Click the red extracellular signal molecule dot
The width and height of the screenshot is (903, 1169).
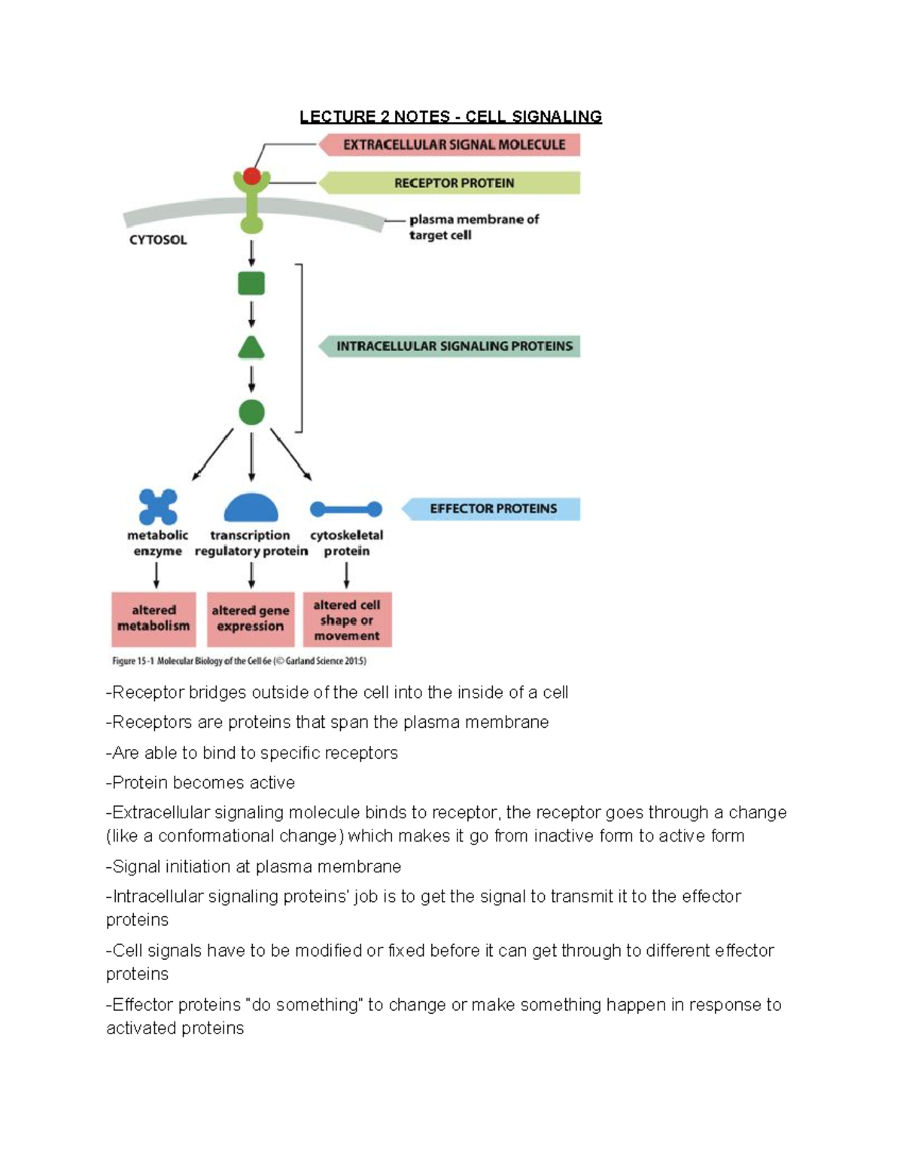tap(252, 176)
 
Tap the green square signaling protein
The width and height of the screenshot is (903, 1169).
tap(251, 283)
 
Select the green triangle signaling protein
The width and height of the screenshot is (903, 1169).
tap(251, 349)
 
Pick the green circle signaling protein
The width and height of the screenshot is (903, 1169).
tap(251, 412)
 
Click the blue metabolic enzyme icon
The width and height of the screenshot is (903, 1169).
tap(158, 507)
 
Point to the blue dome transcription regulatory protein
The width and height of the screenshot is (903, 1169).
tap(251, 508)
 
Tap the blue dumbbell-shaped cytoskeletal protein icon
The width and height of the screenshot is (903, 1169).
tap(346, 510)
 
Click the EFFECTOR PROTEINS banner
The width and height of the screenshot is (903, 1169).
tap(492, 509)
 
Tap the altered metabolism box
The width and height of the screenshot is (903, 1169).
tap(154, 619)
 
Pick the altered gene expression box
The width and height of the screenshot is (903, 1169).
tap(251, 619)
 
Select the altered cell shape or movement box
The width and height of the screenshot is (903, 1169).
tap(347, 620)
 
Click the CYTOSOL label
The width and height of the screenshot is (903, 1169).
tap(158, 240)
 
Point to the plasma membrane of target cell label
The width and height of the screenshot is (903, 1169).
tap(473, 227)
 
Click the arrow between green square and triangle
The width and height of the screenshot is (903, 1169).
tap(251, 315)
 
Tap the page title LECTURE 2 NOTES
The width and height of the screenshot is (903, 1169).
tap(450, 117)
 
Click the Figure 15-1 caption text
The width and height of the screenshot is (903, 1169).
tap(239, 661)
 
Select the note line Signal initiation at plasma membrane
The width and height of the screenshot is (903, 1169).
tap(254, 866)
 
